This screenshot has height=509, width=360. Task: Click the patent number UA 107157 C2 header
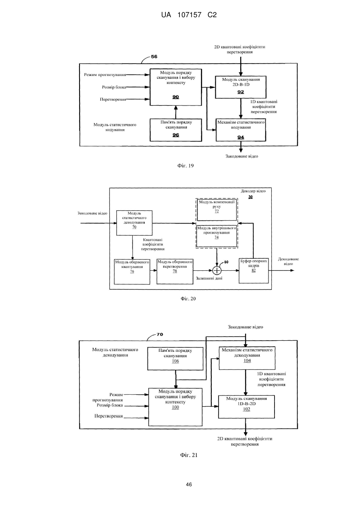189,15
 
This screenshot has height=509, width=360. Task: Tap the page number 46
189,484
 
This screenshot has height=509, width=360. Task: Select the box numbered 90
175,87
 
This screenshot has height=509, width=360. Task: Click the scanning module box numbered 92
241,87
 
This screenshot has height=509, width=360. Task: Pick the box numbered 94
241,130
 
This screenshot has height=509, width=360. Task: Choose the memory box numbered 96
176,130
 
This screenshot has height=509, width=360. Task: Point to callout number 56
154,57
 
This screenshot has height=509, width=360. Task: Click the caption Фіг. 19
185,166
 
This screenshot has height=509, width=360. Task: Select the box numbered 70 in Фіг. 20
134,223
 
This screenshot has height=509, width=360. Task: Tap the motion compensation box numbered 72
217,210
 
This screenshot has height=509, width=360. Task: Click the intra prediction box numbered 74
217,236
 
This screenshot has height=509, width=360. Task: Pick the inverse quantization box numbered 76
132,272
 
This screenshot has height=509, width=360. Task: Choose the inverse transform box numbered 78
175,271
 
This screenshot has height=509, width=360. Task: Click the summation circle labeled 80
217,270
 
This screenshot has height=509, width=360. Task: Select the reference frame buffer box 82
254,271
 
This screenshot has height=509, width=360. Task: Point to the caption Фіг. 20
188,299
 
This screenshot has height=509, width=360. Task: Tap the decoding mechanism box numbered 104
247,358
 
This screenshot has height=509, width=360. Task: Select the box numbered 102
247,407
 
